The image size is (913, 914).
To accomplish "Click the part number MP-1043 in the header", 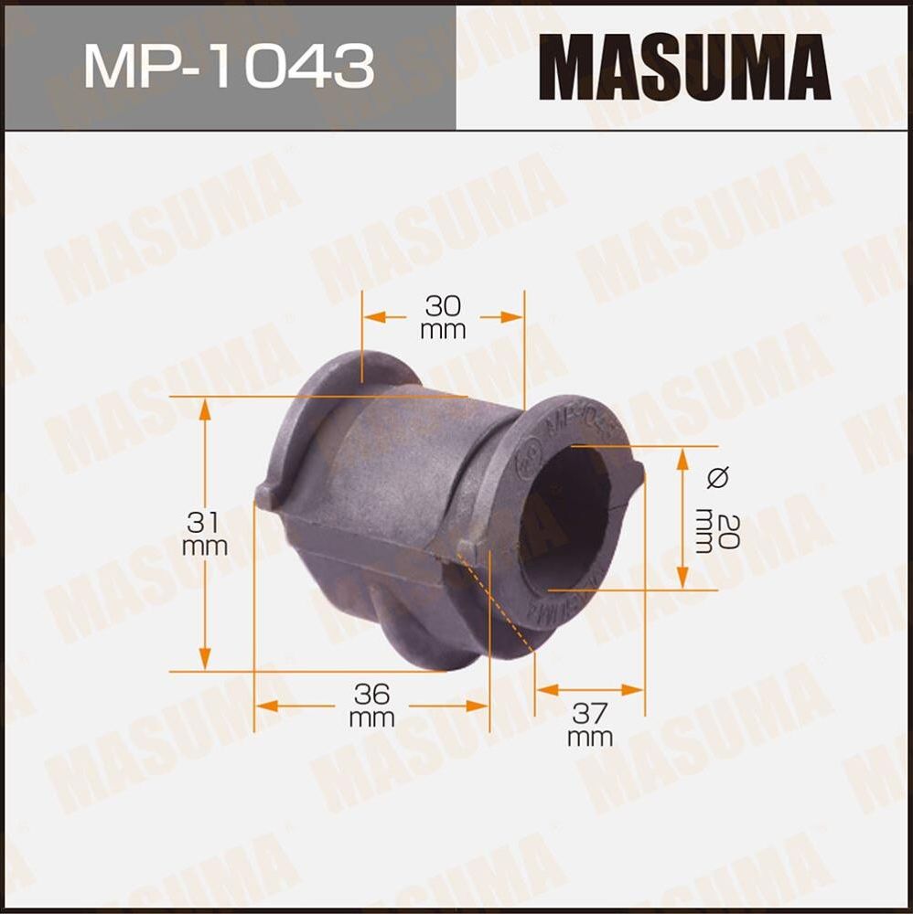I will [x=229, y=66].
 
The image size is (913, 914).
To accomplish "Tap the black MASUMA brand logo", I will [x=683, y=67].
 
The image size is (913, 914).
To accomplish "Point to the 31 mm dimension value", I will [x=205, y=534].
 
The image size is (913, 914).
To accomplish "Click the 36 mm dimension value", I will [x=371, y=705].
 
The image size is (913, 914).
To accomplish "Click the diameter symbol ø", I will [x=718, y=476].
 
